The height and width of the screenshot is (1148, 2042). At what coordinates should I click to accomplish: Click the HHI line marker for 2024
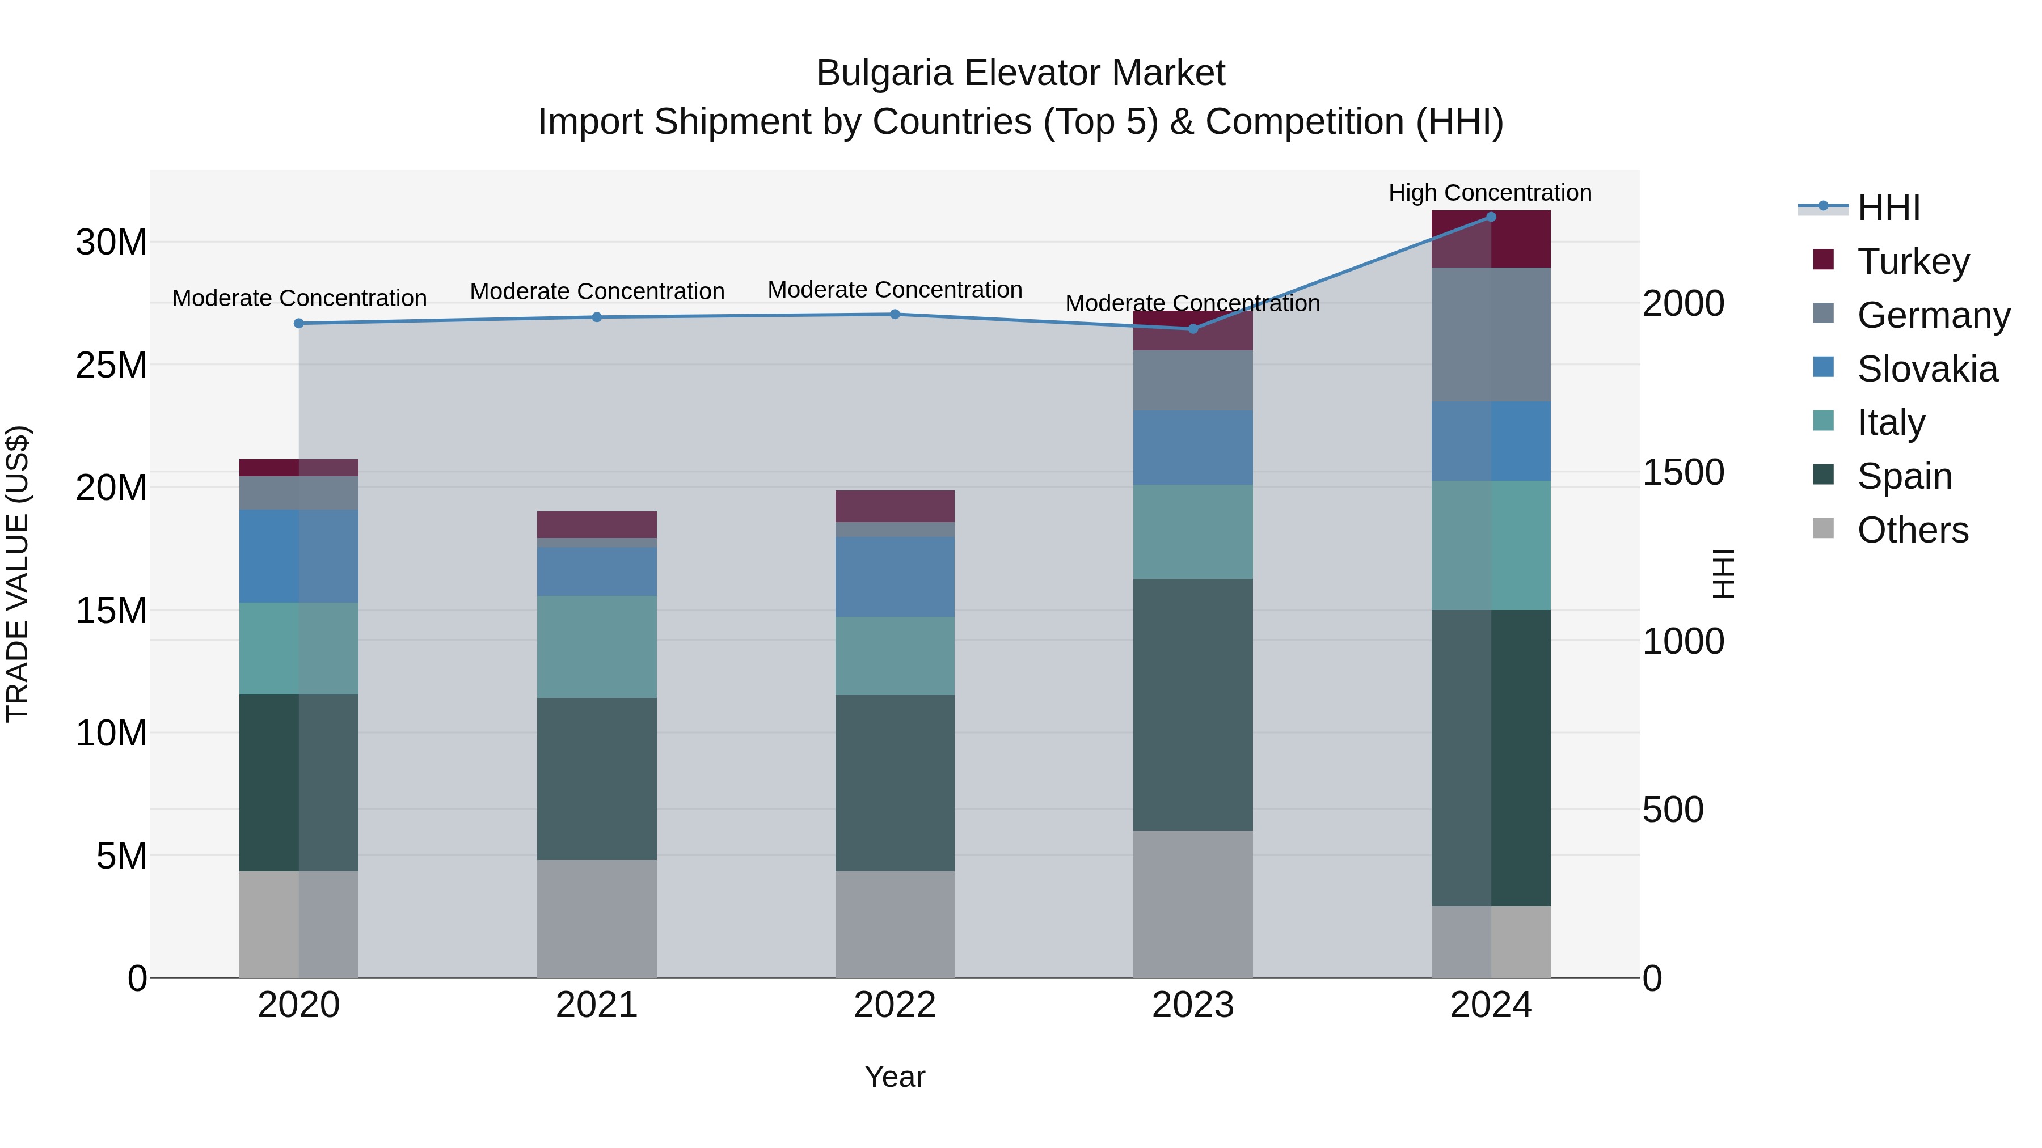1490,217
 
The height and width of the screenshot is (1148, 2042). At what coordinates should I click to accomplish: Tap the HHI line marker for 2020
299,323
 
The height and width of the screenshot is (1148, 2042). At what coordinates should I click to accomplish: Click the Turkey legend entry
1913,261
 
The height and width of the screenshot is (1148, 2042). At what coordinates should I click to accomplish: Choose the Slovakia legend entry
1926,369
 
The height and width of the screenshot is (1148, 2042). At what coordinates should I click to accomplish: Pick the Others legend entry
1912,530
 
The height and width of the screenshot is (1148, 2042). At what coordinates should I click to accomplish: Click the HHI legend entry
1888,207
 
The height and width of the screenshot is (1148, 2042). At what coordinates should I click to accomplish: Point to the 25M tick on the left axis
111,365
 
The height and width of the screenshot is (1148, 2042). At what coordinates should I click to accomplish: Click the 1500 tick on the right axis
1683,472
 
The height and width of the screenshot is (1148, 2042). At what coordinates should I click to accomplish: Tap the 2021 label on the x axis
596,1005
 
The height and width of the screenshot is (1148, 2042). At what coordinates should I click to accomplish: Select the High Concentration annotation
1490,193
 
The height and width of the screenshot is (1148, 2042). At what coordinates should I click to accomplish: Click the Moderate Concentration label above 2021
597,291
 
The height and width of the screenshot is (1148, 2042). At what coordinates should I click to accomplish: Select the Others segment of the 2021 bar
596,918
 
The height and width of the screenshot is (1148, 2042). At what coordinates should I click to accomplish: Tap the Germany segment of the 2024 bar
1490,334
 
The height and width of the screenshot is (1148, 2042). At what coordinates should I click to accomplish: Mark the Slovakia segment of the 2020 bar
299,556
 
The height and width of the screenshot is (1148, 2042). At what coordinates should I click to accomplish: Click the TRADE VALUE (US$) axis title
18,574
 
